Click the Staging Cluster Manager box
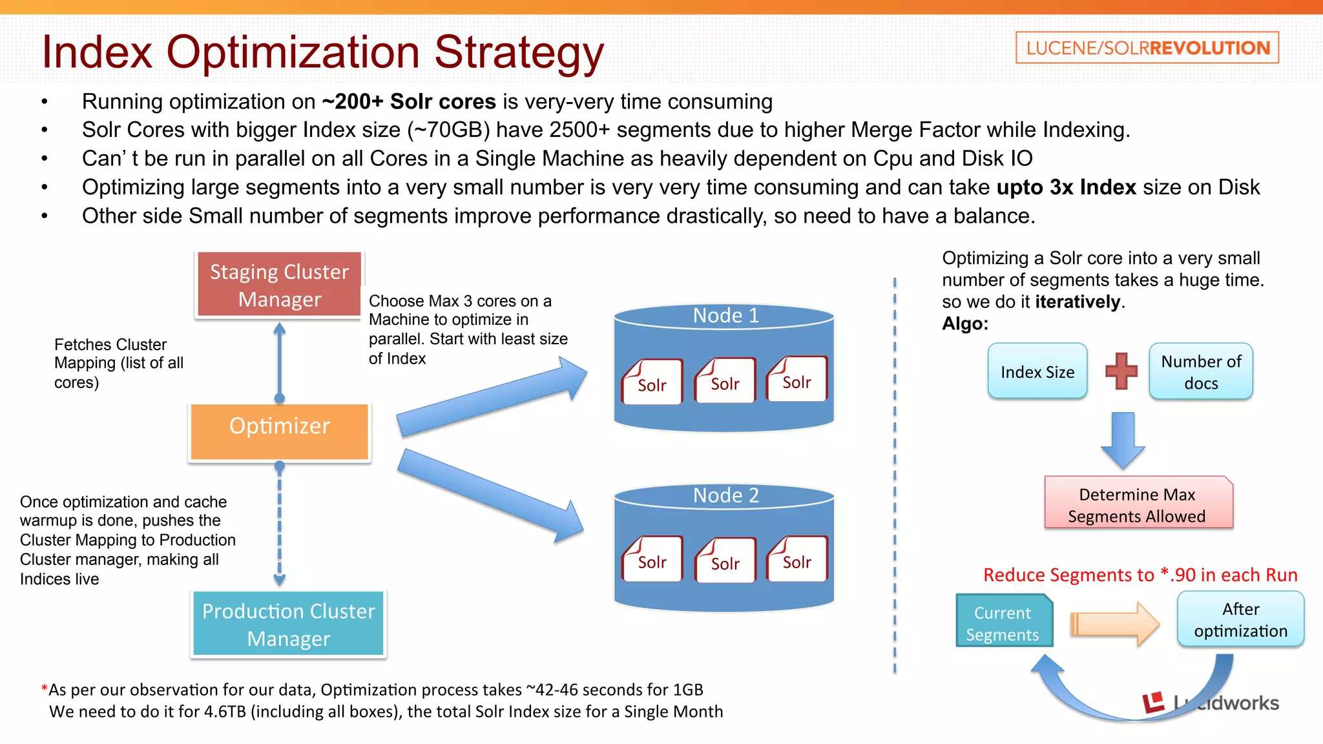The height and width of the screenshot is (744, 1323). click(x=279, y=285)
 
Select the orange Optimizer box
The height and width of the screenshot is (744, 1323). click(x=279, y=431)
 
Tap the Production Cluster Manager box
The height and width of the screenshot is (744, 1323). click(x=288, y=624)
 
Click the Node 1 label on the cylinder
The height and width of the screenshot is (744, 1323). click(x=725, y=316)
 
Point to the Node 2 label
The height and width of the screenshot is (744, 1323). click(x=725, y=495)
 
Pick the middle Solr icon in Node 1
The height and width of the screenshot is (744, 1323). click(x=725, y=382)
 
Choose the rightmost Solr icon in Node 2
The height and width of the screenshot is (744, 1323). click(x=797, y=560)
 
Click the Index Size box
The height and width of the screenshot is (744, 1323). click(x=1037, y=371)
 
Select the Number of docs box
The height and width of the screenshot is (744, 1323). click(x=1200, y=371)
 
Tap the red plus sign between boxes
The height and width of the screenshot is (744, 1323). click(x=1121, y=371)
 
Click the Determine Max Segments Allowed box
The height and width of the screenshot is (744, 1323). click(x=1138, y=504)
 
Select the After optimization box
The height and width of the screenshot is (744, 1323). click(x=1240, y=619)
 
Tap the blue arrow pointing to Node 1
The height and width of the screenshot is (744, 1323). click(x=491, y=400)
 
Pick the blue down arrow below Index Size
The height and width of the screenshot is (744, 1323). click(x=1123, y=440)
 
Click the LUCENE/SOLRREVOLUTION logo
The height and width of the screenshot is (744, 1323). click(x=1147, y=48)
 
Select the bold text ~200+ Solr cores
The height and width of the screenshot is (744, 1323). click(x=409, y=101)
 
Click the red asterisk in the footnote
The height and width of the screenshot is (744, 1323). click(x=44, y=689)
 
